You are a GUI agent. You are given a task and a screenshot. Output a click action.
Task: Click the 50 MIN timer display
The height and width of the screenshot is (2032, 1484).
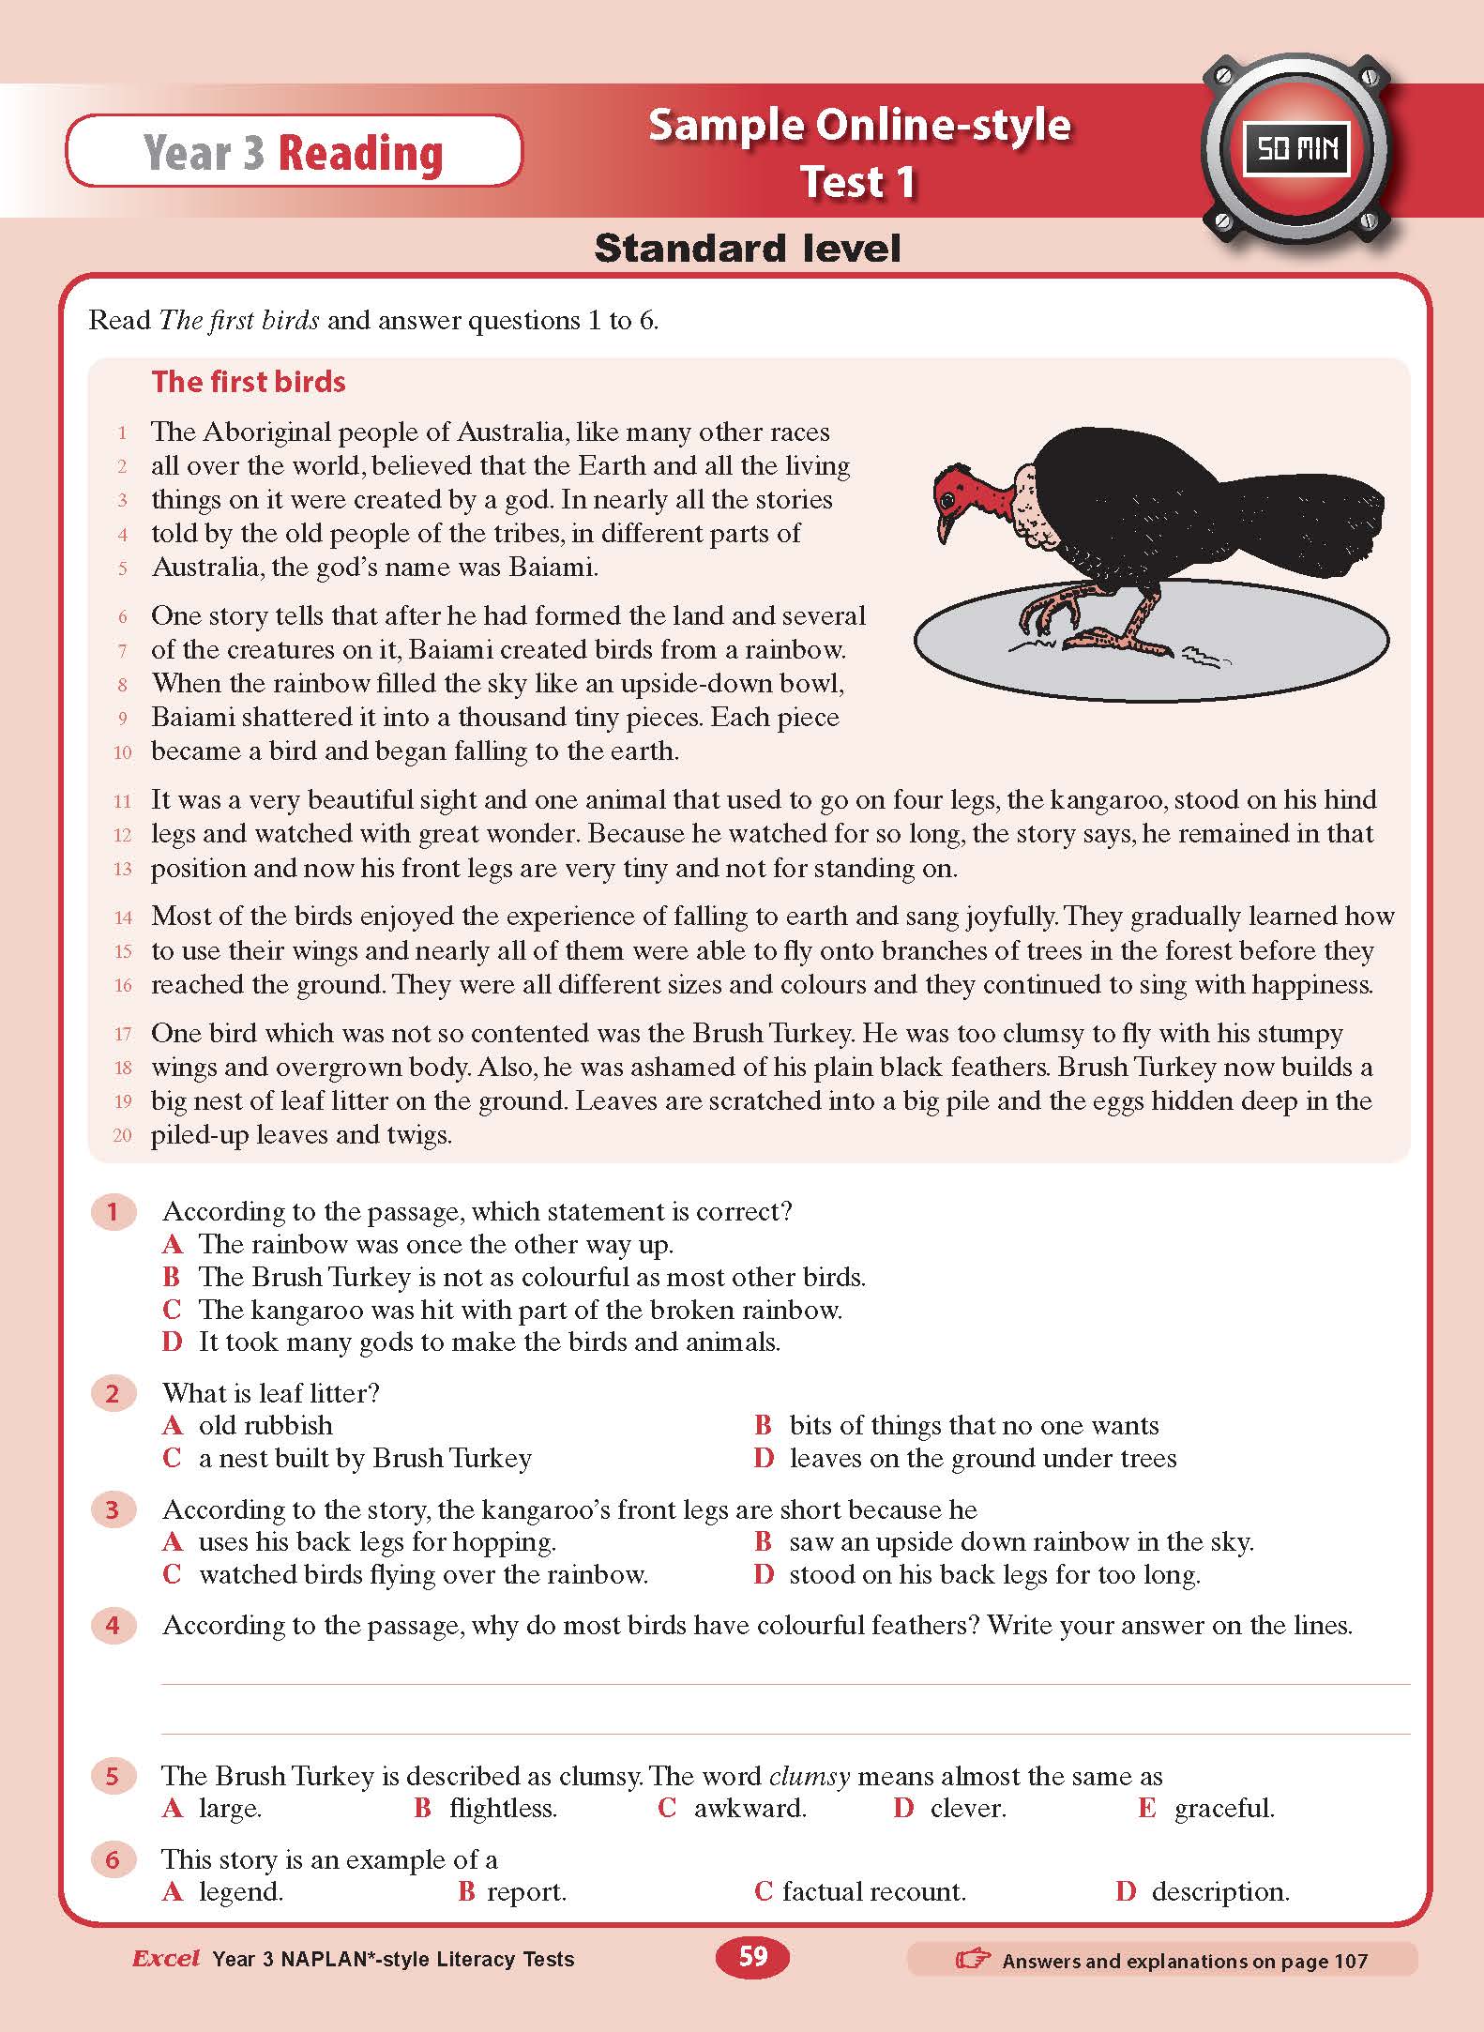pyautogui.click(x=1295, y=149)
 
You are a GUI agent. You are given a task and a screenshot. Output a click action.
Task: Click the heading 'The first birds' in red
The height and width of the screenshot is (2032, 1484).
pyautogui.click(x=249, y=382)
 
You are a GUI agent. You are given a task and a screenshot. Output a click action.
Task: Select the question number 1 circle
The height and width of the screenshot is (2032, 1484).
pyautogui.click(x=113, y=1211)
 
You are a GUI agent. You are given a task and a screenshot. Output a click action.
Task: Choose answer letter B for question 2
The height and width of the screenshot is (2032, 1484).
pyautogui.click(x=763, y=1425)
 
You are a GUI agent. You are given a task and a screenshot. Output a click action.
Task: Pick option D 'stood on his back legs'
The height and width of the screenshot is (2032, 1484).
pyautogui.click(x=994, y=1574)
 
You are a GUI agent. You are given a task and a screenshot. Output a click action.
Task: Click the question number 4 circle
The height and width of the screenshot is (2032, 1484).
pyautogui.click(x=113, y=1625)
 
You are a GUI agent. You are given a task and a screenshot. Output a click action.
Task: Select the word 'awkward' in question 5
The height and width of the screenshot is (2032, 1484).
pyautogui.click(x=749, y=1808)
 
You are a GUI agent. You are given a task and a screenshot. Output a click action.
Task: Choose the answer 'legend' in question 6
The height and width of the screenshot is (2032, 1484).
pyautogui.click(x=240, y=1891)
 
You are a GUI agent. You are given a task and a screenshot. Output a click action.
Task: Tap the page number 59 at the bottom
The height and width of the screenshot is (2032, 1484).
pyautogui.click(x=753, y=1956)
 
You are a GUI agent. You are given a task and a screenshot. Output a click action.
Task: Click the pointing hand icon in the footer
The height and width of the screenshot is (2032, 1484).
pyautogui.click(x=972, y=1959)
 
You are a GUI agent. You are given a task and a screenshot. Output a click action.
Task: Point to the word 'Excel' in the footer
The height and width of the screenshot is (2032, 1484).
pyautogui.click(x=166, y=1958)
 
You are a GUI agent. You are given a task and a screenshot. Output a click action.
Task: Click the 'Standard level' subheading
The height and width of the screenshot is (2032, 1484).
pyautogui.click(x=747, y=249)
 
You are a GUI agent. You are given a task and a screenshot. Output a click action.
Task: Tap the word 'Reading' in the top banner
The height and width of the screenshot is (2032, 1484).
pyautogui.click(x=360, y=153)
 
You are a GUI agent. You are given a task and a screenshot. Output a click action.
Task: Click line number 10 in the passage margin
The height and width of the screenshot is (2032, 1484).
pyautogui.click(x=123, y=752)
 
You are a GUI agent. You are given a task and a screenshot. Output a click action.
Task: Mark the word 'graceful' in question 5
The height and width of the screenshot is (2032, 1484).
pyautogui.click(x=1223, y=1808)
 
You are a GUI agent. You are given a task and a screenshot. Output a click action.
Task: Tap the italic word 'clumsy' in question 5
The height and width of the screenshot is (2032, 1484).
pyautogui.click(x=809, y=1776)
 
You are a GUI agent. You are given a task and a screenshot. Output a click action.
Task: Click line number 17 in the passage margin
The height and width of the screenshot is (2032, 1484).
pyautogui.click(x=123, y=1035)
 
